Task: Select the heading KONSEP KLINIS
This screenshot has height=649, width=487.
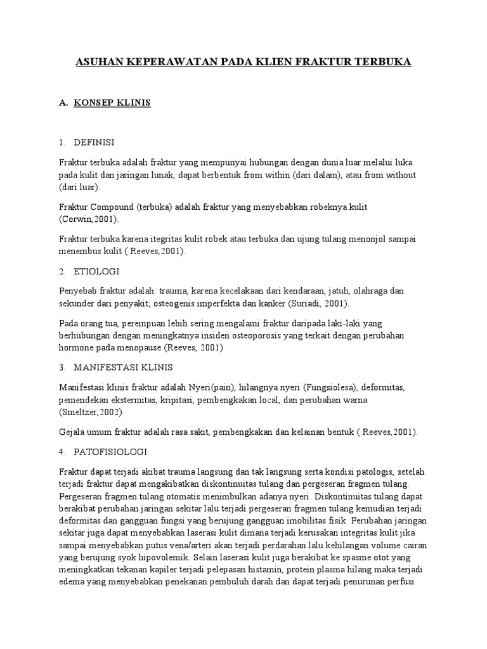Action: (112, 103)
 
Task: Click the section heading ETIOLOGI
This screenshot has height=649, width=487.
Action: (96, 271)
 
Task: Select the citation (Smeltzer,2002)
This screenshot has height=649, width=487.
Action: (91, 413)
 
